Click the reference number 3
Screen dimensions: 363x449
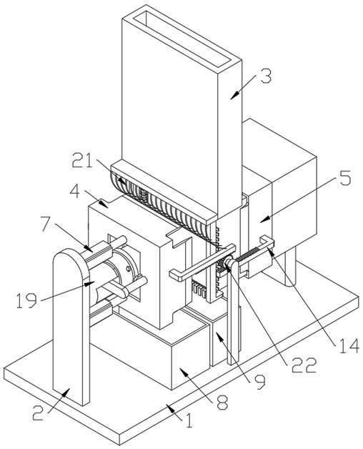click(266, 76)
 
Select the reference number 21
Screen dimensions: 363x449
click(82, 160)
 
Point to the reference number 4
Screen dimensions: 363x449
click(76, 192)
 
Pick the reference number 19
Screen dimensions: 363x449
click(26, 300)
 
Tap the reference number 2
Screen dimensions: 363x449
click(39, 413)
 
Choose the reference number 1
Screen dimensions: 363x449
click(189, 420)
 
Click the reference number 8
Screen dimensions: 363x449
click(222, 403)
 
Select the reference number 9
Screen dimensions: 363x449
click(260, 383)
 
